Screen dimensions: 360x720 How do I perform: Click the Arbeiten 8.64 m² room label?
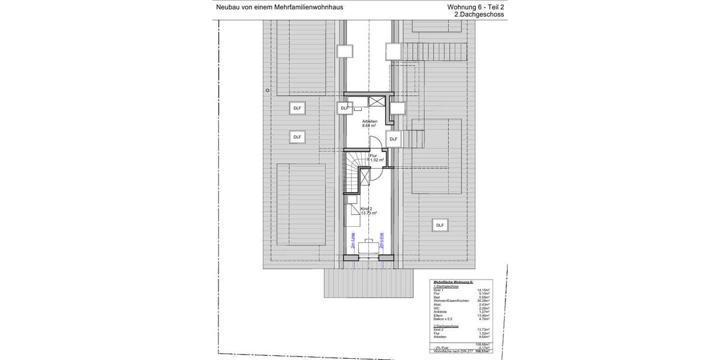click(x=369, y=124)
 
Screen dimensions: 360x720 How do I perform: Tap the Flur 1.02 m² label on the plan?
click(x=376, y=158)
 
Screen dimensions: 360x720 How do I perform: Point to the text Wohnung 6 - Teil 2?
click(x=476, y=7)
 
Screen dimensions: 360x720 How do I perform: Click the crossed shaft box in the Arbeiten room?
click(x=376, y=101)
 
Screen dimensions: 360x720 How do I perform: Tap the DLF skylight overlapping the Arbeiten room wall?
click(x=344, y=108)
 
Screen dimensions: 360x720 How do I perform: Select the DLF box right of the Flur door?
click(x=393, y=139)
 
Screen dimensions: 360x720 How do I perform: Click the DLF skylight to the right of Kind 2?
click(x=440, y=225)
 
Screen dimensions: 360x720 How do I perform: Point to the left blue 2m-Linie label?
click(x=353, y=240)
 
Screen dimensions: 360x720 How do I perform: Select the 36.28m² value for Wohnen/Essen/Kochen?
click(x=483, y=301)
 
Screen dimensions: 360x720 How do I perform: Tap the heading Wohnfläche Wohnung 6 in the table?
click(x=453, y=281)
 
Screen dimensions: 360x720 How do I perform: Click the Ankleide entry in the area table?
click(x=439, y=312)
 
